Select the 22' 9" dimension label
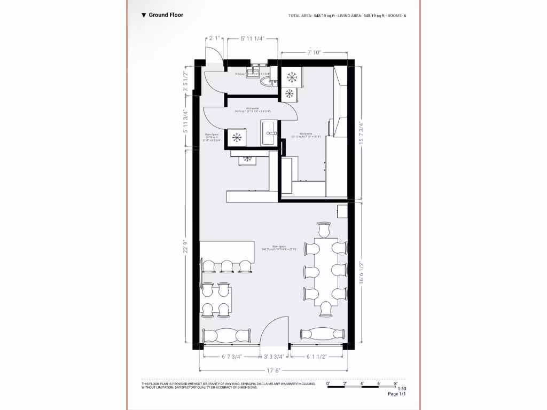pos(186,248)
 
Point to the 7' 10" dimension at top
pos(314,52)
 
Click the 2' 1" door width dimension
pos(214,38)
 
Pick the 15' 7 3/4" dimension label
pos(362,133)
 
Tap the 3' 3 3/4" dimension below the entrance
pos(274,357)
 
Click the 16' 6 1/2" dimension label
pos(362,272)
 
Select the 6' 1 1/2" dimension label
pos(316,357)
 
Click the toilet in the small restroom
pos(265,81)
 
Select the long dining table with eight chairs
pos(324,271)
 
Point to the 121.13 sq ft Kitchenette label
pos(306,135)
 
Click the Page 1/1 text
pos(397,395)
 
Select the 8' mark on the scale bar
pos(395,383)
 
